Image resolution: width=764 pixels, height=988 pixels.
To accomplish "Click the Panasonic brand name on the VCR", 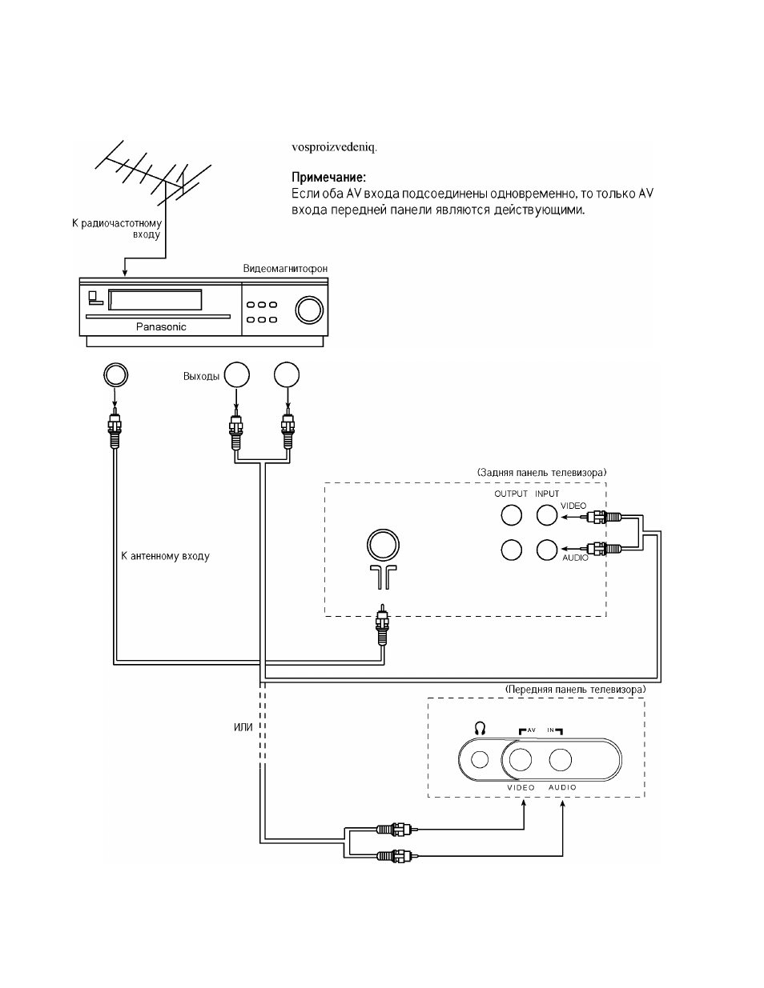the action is [161, 326].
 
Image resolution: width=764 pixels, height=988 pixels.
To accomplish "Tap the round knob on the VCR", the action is [309, 310].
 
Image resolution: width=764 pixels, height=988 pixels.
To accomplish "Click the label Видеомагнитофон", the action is [285, 268].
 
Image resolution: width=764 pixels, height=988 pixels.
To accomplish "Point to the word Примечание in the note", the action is [328, 177].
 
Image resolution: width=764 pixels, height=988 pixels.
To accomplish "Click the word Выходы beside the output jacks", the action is [201, 376].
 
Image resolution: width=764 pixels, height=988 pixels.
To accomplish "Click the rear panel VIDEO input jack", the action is [547, 515].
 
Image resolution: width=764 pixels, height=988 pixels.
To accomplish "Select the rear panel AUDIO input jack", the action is [547, 550].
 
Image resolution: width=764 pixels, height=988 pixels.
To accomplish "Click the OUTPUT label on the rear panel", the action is [511, 494].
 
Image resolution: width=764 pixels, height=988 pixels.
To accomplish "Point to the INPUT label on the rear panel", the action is [547, 494].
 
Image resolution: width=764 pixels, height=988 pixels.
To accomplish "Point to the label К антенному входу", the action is [165, 556].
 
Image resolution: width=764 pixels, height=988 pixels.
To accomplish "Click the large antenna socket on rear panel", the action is [383, 545].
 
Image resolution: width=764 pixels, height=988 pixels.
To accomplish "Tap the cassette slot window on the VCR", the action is [155, 300].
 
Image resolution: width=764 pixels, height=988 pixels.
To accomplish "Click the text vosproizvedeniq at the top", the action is [335, 148].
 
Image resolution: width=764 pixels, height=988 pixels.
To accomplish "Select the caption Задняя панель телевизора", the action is [541, 473].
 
